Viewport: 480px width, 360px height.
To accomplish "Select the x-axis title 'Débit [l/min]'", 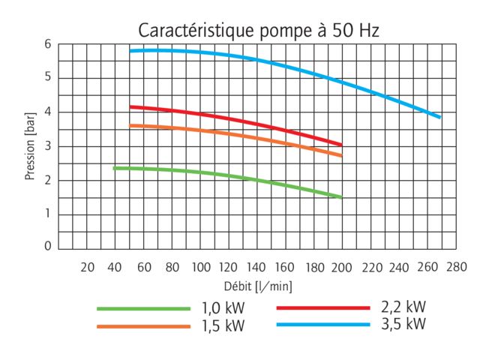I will (x=258, y=286).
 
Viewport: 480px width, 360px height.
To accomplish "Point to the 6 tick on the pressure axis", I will (x=47, y=44).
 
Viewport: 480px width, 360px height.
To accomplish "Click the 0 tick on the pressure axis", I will (x=47, y=246).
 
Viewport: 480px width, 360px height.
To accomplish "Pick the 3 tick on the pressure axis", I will (x=47, y=145).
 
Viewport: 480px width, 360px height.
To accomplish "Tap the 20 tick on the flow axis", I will (x=87, y=266).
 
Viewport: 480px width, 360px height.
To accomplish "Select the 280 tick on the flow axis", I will (x=455, y=266).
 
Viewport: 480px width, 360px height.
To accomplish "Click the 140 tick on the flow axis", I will (x=256, y=266).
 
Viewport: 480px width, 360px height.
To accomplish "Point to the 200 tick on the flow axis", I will (x=341, y=266).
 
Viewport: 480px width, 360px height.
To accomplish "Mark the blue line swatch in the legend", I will (x=323, y=324).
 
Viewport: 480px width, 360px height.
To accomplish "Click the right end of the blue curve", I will (x=439, y=116).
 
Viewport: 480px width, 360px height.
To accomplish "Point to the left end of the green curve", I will (x=114, y=168).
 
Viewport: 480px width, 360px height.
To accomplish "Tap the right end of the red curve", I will (x=341, y=144).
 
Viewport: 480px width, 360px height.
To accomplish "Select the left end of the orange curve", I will (x=130, y=125).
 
